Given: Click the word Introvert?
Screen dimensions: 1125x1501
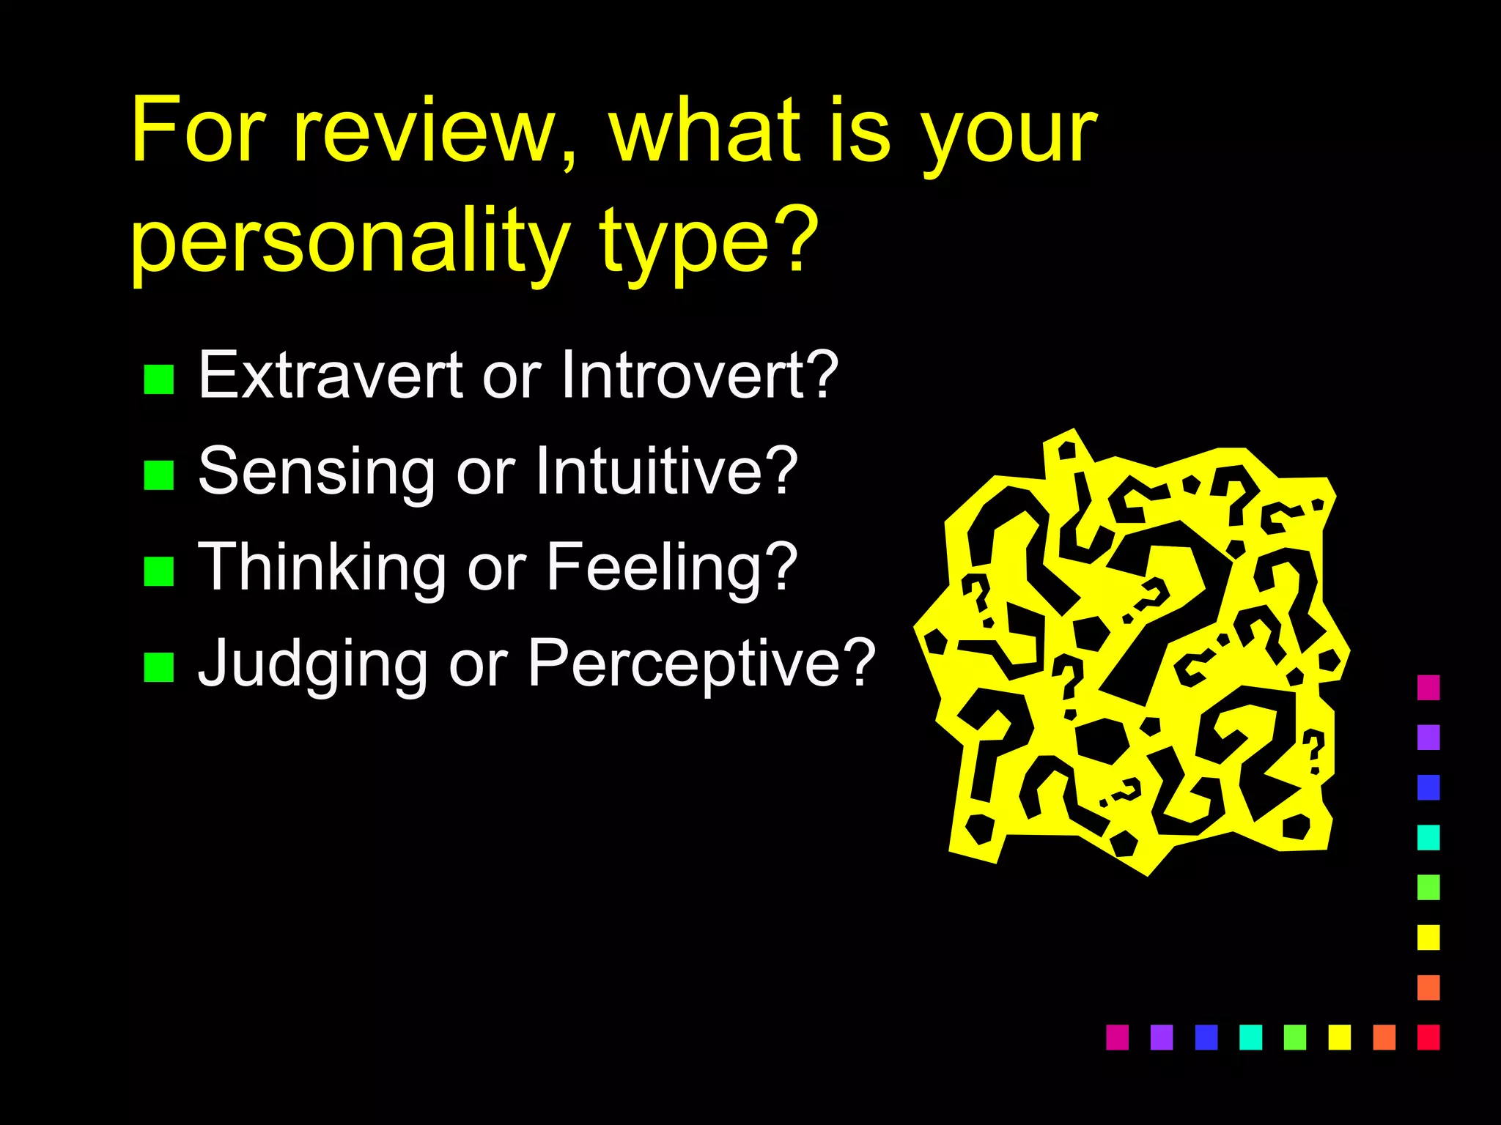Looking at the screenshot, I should coord(699,375).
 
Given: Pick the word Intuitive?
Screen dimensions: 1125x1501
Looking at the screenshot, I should coord(666,471).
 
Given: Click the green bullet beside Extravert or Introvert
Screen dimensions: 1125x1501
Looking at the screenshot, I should coord(159,379).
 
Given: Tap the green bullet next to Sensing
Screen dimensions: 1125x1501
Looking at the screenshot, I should coord(159,475).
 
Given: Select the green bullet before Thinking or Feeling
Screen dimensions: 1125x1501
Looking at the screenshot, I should coord(159,571).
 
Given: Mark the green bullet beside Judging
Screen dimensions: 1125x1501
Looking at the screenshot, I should coord(159,667).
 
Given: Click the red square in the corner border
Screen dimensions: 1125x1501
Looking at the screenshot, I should coord(1428,1037).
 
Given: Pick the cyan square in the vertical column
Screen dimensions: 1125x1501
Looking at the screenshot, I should coord(1428,837).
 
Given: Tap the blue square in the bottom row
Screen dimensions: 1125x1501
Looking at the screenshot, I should coord(1206,1037).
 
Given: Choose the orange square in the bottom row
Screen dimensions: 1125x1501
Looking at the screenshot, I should coord(1384,1037).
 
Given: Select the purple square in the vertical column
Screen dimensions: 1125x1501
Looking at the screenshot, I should coord(1428,737).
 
